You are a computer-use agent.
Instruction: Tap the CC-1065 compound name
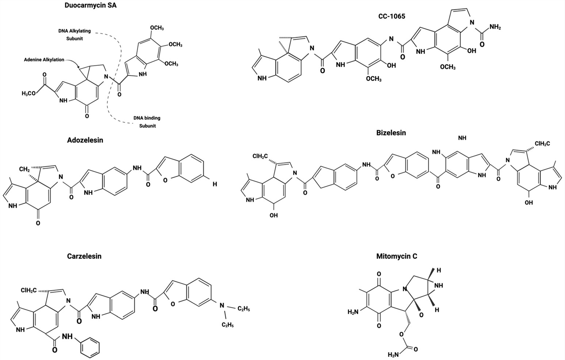(x=392, y=16)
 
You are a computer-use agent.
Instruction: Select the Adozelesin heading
(x=85, y=140)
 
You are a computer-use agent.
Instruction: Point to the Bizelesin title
(x=391, y=133)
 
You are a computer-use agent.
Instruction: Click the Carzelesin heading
(x=84, y=256)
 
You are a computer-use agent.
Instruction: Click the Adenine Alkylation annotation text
(x=44, y=60)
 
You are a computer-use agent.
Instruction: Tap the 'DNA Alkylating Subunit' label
(x=75, y=34)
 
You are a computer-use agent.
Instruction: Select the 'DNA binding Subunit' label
(x=147, y=122)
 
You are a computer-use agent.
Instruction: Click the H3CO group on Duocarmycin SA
(x=29, y=93)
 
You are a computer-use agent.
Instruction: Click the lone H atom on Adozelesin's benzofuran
(x=215, y=184)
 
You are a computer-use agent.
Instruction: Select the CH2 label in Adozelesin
(x=24, y=169)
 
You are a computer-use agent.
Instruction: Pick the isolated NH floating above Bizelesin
(x=462, y=138)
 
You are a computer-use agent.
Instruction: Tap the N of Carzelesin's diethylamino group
(x=222, y=306)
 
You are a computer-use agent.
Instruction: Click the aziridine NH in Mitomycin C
(x=439, y=286)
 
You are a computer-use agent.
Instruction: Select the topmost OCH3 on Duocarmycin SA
(x=156, y=28)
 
